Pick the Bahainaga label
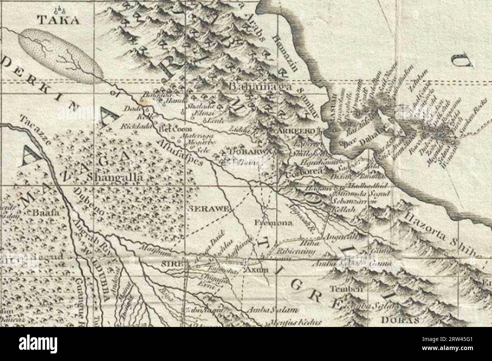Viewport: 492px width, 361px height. (261, 87)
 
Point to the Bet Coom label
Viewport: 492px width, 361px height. (173, 129)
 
